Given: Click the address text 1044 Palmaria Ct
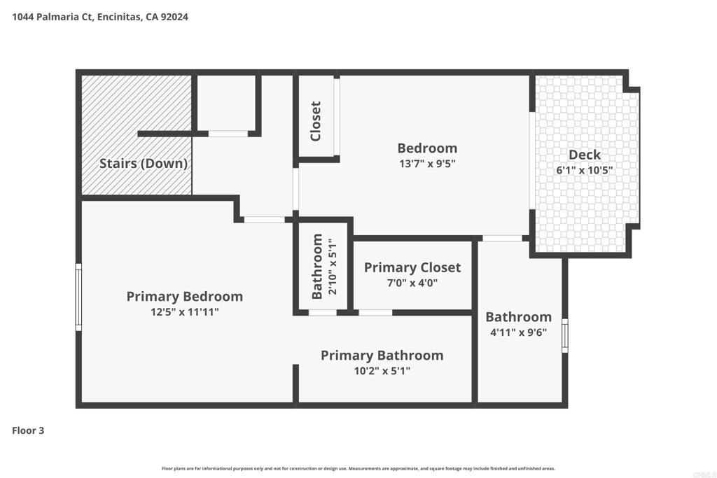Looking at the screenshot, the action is pyautogui.click(x=53, y=17).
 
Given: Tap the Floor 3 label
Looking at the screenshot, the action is pyautogui.click(x=28, y=430).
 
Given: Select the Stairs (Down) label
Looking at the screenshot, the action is pyautogui.click(x=144, y=164).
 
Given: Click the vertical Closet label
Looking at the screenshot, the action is pyautogui.click(x=316, y=121).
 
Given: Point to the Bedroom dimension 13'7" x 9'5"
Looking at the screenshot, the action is pyautogui.click(x=427, y=164).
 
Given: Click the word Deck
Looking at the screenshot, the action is pyautogui.click(x=585, y=155).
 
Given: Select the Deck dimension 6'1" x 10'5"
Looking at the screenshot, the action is pyautogui.click(x=585, y=170).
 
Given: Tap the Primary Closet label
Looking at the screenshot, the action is pyautogui.click(x=412, y=268).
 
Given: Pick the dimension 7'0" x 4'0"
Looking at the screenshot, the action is pyautogui.click(x=412, y=283).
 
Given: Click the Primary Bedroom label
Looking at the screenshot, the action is pyautogui.click(x=185, y=297).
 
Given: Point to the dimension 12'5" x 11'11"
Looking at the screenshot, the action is pyautogui.click(x=185, y=312).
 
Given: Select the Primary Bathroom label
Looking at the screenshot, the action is pyautogui.click(x=382, y=356).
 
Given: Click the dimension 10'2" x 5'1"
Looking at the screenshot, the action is pyautogui.click(x=382, y=371).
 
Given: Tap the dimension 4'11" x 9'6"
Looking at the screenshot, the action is pyautogui.click(x=519, y=332).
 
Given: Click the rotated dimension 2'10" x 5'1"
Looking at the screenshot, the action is pyautogui.click(x=333, y=267).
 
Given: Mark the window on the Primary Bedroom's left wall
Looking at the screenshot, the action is pyautogui.click(x=78, y=297).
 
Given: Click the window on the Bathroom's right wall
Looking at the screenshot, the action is pyautogui.click(x=565, y=335).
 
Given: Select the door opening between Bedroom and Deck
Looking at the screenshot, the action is pyautogui.click(x=532, y=160).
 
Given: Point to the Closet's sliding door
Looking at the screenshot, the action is pyautogui.click(x=337, y=117).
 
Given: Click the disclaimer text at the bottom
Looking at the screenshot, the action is pyautogui.click(x=358, y=468).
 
